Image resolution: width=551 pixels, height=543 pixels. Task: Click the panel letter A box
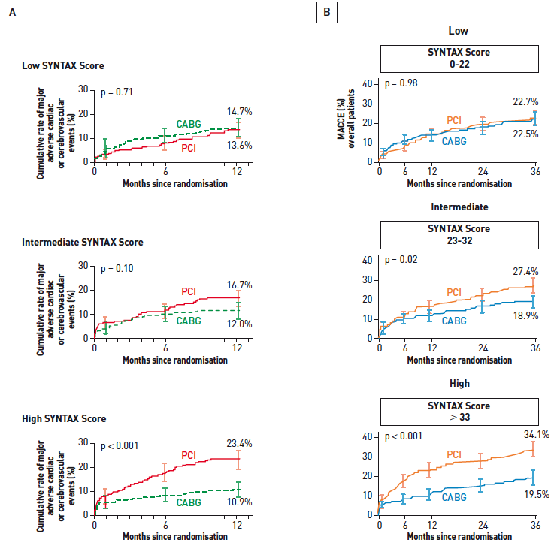(x=12, y=13)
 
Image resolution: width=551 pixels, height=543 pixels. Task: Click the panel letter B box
(x=326, y=13)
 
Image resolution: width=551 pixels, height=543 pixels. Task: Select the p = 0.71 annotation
(x=117, y=93)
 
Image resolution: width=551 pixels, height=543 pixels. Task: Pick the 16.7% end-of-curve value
(x=239, y=285)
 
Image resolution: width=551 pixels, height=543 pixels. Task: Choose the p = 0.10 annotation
(x=117, y=269)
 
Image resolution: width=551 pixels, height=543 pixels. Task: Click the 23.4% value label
(x=239, y=442)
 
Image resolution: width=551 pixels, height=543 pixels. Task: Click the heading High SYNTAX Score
(x=64, y=418)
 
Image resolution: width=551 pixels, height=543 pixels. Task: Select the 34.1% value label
(x=525, y=434)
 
